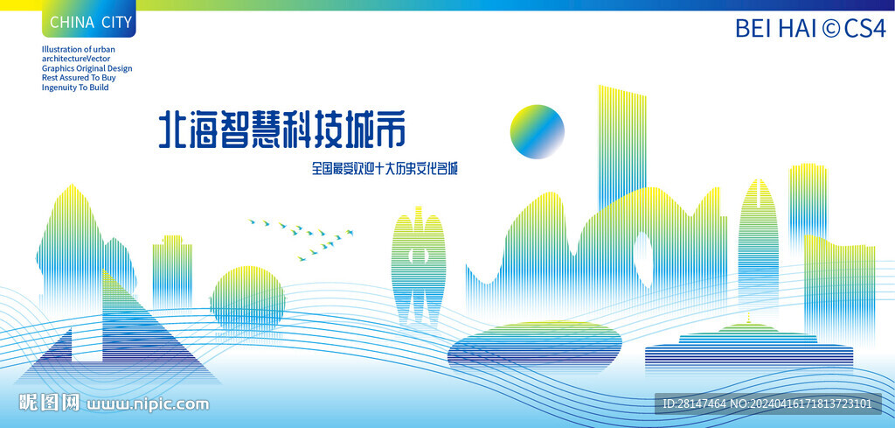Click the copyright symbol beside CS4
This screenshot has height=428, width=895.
pyautogui.click(x=830, y=28)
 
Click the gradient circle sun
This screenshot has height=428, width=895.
pyautogui.click(x=537, y=131)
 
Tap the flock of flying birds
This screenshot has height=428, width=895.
pyautogui.click(x=302, y=237)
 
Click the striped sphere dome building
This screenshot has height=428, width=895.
pyautogui.click(x=247, y=298)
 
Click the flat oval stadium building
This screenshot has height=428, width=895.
pyautogui.click(x=535, y=344)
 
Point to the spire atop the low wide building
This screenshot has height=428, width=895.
pyautogui.click(x=748, y=316)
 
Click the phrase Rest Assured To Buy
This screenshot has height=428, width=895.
pyautogui.click(x=79, y=78)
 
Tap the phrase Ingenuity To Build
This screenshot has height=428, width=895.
pyautogui.click(x=75, y=88)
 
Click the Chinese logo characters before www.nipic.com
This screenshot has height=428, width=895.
pyautogui.click(x=50, y=403)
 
